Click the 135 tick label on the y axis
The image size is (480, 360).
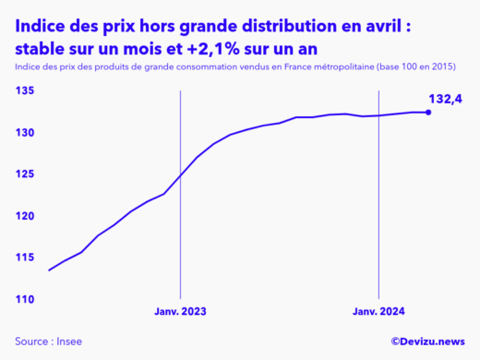(x=24, y=90)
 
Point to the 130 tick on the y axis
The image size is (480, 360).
(x=24, y=133)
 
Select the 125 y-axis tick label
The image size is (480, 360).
(x=24, y=174)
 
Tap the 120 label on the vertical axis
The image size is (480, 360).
(x=24, y=216)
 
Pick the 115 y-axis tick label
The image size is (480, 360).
(x=24, y=258)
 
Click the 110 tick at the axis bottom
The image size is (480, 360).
(x=24, y=299)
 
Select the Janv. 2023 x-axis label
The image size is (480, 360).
(x=181, y=312)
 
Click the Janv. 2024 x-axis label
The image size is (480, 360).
(x=379, y=312)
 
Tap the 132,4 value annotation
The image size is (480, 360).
(x=446, y=98)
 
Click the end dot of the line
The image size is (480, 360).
(x=427, y=113)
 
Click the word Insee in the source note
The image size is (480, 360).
(x=68, y=342)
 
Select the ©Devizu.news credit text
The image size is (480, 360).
(x=426, y=342)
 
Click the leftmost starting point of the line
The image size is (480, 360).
(x=49, y=270)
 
